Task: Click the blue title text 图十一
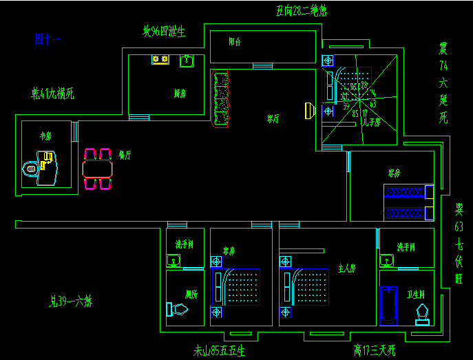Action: tap(48, 39)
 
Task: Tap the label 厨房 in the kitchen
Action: tap(179, 94)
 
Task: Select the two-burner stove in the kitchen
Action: tap(160, 61)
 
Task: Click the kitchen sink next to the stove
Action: tap(186, 61)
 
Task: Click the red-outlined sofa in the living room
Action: tap(221, 99)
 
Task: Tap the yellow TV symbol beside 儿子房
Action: tap(308, 110)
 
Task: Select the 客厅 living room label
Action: tap(273, 118)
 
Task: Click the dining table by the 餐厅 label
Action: tap(97, 169)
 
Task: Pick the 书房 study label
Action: tap(46, 136)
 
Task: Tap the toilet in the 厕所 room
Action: tap(177, 309)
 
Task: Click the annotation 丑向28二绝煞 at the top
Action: tap(301, 10)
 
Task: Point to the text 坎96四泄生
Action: tap(165, 31)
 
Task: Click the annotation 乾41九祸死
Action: tap(52, 93)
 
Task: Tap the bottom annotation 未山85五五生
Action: tap(219, 351)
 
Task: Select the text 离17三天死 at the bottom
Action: tap(375, 351)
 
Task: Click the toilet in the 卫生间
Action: tap(421, 315)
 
